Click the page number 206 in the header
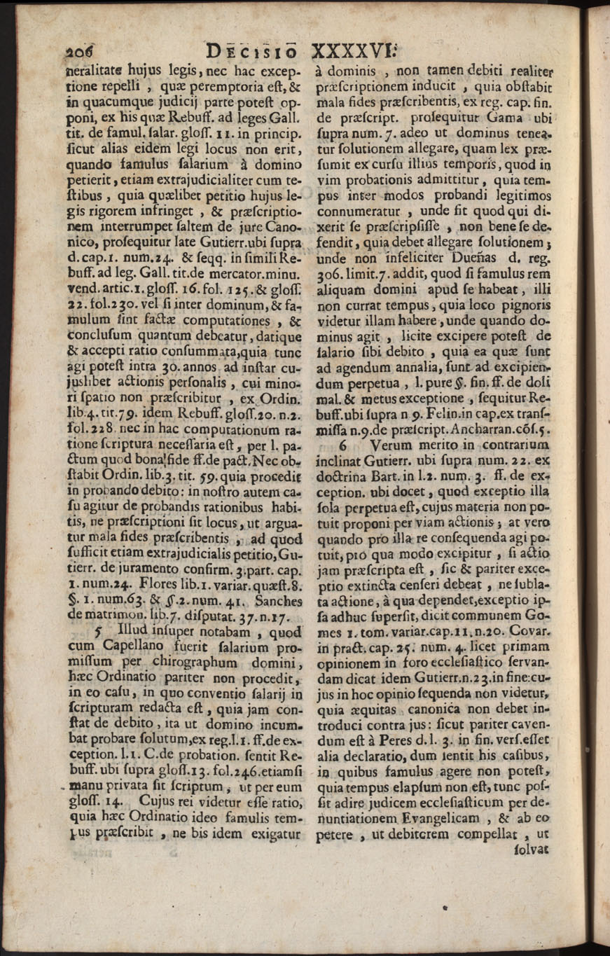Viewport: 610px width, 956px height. (83, 51)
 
